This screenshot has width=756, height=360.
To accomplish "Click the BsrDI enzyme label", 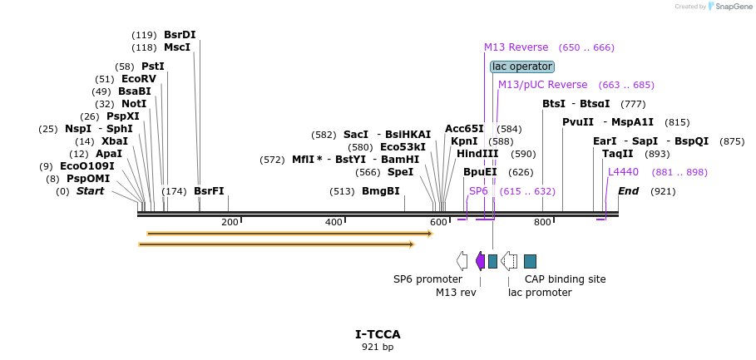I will coord(180,35).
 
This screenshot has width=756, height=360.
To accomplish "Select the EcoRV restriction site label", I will coord(138,79).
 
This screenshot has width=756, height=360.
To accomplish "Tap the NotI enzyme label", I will coord(133,104).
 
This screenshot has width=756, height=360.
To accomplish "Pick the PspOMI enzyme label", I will coord(88,179).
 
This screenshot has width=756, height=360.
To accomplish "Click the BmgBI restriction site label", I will coord(380,191).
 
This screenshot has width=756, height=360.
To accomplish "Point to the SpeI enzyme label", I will coord(400,172).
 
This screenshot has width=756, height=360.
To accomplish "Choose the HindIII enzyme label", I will coord(477,154).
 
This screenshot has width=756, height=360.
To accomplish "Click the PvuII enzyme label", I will coord(578,122).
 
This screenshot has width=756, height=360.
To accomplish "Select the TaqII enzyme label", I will coord(618,154).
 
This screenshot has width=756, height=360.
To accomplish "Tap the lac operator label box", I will coord(521,67).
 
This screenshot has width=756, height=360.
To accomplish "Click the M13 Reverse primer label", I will coord(516,47).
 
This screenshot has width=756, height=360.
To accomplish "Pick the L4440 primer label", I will coord(623,172).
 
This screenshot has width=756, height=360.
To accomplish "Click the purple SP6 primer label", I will coord(478,191).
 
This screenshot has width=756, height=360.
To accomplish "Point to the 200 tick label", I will coord(230,222).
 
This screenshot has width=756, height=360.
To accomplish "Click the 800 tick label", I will coord(543,222).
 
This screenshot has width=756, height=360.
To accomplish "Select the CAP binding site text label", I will coord(565,279).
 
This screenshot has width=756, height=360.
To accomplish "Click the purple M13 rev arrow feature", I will coord(480,261).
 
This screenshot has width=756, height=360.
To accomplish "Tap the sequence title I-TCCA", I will coord(378,334).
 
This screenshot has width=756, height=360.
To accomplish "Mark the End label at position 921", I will coord(628,191).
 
